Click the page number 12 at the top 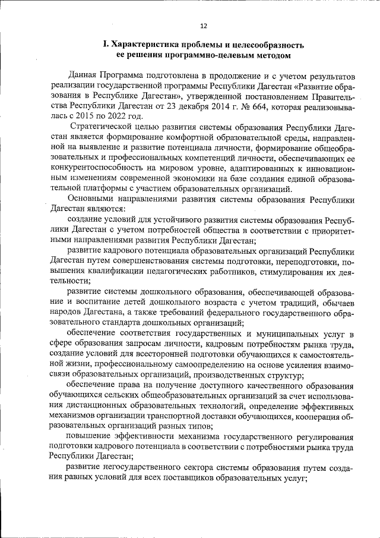point(204,26)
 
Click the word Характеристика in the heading point(144,45)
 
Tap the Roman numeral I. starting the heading point(104,45)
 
